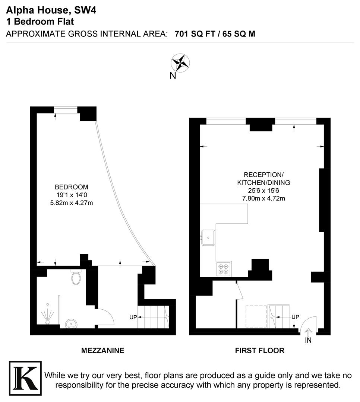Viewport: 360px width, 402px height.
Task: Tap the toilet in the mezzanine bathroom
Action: (x=76, y=277)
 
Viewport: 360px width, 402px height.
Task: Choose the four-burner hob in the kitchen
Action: (x=224, y=269)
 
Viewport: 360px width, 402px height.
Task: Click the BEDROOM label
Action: (x=71, y=187)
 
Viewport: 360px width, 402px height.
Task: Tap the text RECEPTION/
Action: (x=263, y=175)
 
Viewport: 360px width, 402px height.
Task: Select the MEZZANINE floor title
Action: (x=102, y=350)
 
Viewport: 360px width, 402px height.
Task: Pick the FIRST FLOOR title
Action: (x=259, y=350)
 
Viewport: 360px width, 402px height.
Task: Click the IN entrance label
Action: (x=308, y=340)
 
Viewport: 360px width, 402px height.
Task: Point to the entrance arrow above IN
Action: (x=308, y=332)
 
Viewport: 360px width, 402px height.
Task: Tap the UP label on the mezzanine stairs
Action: (x=133, y=317)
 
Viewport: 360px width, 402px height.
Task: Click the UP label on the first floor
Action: (x=295, y=317)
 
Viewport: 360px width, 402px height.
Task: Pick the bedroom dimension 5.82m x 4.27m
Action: (x=71, y=203)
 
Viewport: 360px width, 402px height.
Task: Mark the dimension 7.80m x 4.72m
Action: (x=263, y=198)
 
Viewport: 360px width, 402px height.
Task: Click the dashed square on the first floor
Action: (x=256, y=316)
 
